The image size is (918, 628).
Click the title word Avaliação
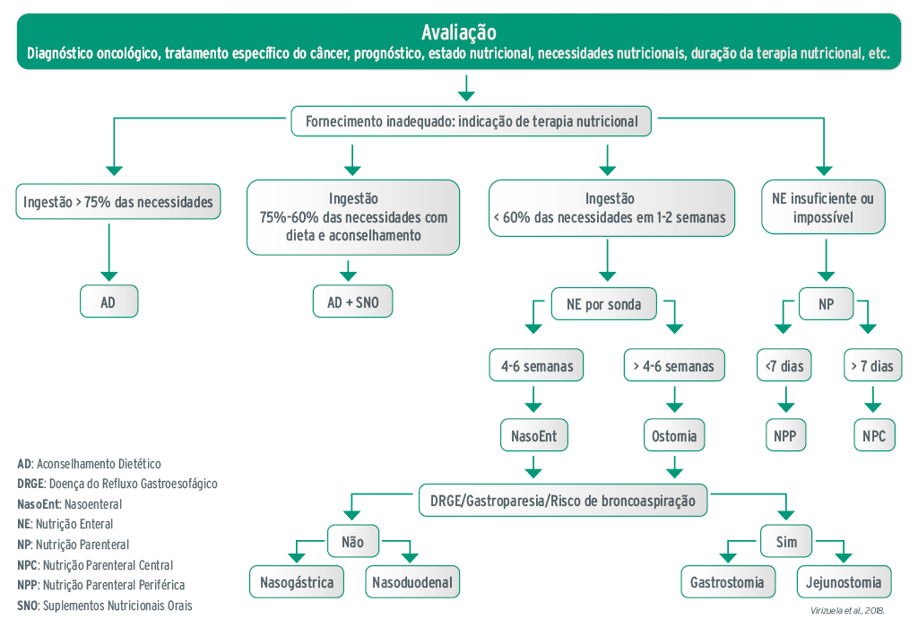point(458,33)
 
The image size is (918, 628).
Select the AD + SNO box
point(353,302)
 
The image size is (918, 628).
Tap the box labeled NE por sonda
point(603,304)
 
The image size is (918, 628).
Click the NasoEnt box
point(533,437)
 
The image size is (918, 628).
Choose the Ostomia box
point(673,437)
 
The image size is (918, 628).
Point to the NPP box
point(786,437)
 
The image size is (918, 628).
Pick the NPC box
point(874,437)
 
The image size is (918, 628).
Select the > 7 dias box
point(870,366)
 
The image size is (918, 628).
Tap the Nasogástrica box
point(297,582)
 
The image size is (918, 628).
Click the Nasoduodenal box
point(411,582)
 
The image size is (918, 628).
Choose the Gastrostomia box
point(727,582)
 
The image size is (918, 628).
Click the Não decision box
point(353,541)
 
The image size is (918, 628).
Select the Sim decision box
point(785,541)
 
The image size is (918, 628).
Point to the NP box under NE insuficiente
point(826,304)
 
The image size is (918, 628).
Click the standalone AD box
point(108,302)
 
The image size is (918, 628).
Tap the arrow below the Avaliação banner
point(465,87)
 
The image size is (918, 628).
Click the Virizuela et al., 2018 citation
point(847,611)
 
